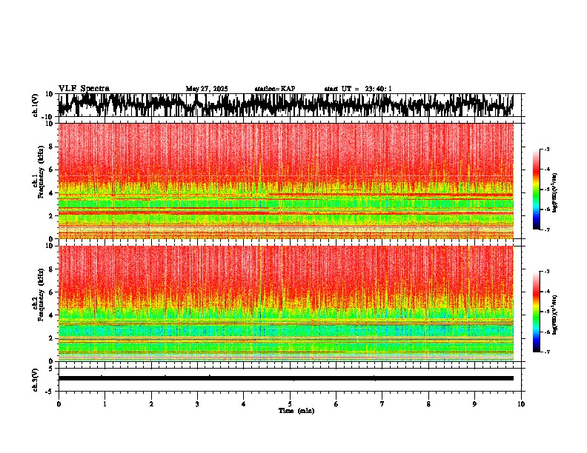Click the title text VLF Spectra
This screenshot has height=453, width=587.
[x=84, y=89]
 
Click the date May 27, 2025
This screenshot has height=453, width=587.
[x=207, y=89]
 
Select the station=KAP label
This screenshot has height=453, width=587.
[x=275, y=89]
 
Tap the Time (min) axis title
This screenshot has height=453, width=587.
[x=296, y=411]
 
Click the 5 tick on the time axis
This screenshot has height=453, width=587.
[x=291, y=404]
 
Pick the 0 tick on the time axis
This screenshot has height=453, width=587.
[x=59, y=404]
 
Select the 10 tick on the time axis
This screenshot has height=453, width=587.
[x=522, y=404]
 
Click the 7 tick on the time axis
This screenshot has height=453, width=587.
[x=382, y=404]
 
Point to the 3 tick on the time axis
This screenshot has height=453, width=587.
[x=198, y=404]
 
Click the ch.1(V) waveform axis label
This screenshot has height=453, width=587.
[x=36, y=105]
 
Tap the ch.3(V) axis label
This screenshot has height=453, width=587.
[x=36, y=377]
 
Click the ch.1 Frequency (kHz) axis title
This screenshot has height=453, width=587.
[x=39, y=181]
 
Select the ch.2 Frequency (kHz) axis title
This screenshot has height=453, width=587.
[x=39, y=303]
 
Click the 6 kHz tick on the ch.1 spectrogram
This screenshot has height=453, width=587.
[x=50, y=170]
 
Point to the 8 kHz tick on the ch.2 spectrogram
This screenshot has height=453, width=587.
[x=50, y=269]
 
